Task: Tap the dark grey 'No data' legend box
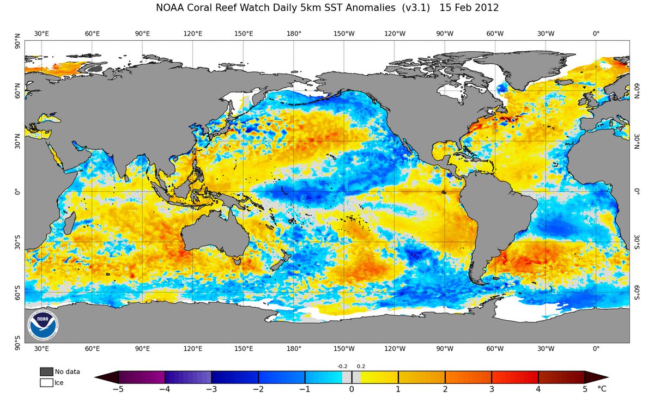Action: click(x=46, y=371)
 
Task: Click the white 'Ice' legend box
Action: click(x=46, y=382)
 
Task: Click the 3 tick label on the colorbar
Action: click(x=492, y=389)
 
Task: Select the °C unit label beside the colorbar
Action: click(x=602, y=389)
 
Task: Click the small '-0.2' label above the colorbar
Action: click(x=343, y=367)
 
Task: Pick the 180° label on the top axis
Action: click(x=294, y=33)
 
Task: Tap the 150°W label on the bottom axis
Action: click(x=344, y=349)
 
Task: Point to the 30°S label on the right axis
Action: click(x=636, y=243)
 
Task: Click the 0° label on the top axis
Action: click(x=596, y=33)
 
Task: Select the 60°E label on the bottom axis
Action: click(x=92, y=349)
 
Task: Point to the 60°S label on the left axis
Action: click(x=17, y=293)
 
